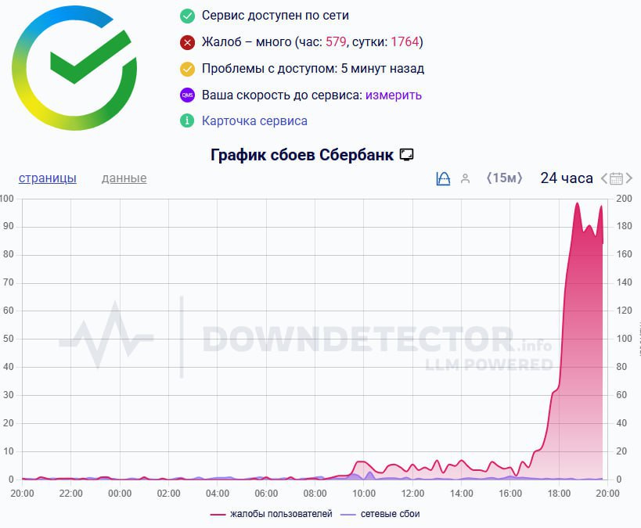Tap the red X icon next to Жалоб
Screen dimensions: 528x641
coord(187,42)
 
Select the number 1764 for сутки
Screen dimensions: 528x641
coord(405,42)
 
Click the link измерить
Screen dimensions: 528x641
coord(393,95)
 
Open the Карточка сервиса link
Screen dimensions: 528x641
coord(254,120)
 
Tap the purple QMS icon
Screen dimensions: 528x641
coord(187,95)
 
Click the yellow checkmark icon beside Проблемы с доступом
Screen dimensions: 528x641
coord(187,69)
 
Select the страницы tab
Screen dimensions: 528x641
coord(48,178)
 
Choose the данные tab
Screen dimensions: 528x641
coord(124,178)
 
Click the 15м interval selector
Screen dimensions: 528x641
coord(504,178)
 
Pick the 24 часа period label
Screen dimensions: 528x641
coord(567,178)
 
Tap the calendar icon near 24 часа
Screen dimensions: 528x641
coord(616,178)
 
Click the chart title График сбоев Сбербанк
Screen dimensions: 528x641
coord(304,154)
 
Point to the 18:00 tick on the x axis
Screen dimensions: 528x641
coord(559,494)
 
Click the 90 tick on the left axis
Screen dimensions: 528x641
coord(7,227)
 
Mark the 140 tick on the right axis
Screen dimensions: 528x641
coord(625,282)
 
